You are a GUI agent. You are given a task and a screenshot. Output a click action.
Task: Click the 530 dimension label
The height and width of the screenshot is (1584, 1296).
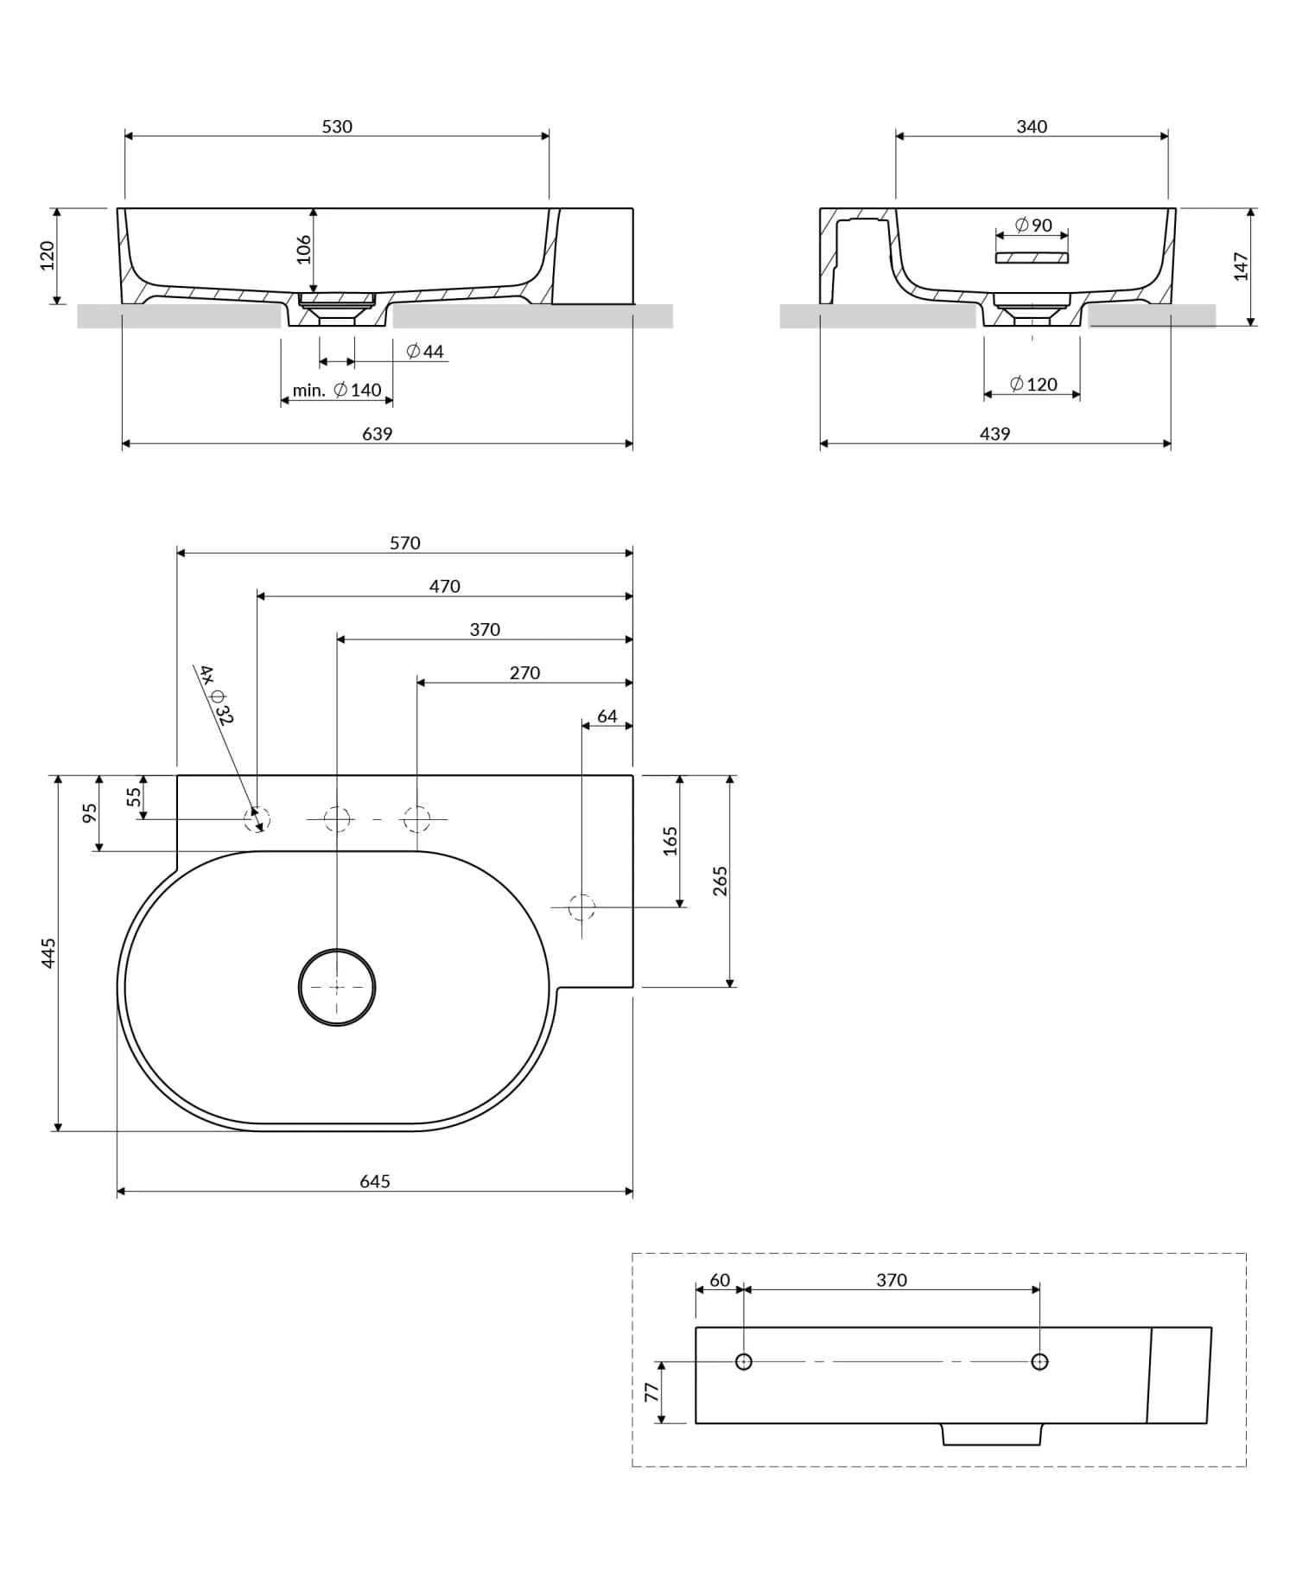pyautogui.click(x=337, y=127)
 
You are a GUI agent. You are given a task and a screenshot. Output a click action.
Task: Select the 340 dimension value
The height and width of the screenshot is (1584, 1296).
pyautogui.click(x=1032, y=127)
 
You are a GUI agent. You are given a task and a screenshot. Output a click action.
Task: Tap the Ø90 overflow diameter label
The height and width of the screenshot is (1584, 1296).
pyautogui.click(x=1033, y=226)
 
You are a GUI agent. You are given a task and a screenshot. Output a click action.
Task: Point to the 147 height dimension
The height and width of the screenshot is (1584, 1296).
pyautogui.click(x=1241, y=266)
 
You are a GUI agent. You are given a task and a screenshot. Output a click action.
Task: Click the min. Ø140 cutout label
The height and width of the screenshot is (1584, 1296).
pyautogui.click(x=337, y=391)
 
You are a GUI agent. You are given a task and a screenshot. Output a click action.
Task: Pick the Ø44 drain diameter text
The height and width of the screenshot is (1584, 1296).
pyautogui.click(x=425, y=352)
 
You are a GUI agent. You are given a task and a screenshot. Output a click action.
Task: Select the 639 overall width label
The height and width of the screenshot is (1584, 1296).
pyautogui.click(x=377, y=434)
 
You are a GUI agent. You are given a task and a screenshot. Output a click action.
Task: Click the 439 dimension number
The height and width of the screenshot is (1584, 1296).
pyautogui.click(x=994, y=434)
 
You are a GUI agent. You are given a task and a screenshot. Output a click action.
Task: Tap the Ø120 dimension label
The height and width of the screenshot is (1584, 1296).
pyautogui.click(x=1033, y=385)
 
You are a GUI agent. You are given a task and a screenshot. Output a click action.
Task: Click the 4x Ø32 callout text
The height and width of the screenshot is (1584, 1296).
pyautogui.click(x=216, y=694)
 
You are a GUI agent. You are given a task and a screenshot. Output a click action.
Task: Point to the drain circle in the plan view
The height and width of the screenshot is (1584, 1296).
pyautogui.click(x=337, y=987)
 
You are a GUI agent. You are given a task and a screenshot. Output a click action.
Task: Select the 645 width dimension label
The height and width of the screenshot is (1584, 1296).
pyautogui.click(x=375, y=1181)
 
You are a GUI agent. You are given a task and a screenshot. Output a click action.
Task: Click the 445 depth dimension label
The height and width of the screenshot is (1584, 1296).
pyautogui.click(x=48, y=952)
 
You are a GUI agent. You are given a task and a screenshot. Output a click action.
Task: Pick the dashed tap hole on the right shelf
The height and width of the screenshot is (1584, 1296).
pyautogui.click(x=581, y=907)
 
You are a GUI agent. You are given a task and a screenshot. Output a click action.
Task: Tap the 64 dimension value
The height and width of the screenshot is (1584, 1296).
pyautogui.click(x=607, y=716)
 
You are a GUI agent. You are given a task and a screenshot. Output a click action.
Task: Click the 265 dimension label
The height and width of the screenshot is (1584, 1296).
pyautogui.click(x=721, y=881)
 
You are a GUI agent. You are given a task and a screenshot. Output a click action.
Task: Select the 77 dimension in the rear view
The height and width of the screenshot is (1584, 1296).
pyautogui.click(x=651, y=1392)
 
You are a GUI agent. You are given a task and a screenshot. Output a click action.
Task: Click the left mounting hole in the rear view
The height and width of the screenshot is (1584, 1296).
pyautogui.click(x=743, y=1362)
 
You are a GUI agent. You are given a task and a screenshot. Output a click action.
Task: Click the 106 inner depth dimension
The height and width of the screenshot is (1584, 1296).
pyautogui.click(x=303, y=250)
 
